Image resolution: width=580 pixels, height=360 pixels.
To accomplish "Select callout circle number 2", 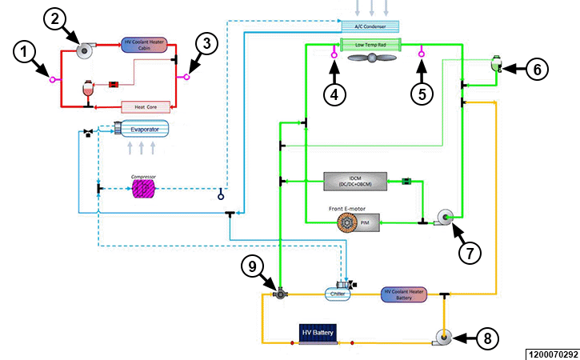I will click(56, 20).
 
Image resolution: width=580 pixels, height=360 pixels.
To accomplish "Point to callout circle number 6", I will click(538, 70).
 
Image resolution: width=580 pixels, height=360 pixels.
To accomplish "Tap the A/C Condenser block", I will click(370, 26).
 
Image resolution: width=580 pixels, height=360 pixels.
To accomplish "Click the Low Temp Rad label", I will click(370, 45).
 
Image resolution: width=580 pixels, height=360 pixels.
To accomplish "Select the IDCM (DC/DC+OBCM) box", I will click(354, 182).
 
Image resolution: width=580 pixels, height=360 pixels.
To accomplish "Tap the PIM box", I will click(363, 223).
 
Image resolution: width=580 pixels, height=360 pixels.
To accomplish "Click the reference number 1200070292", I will click(552, 353).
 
